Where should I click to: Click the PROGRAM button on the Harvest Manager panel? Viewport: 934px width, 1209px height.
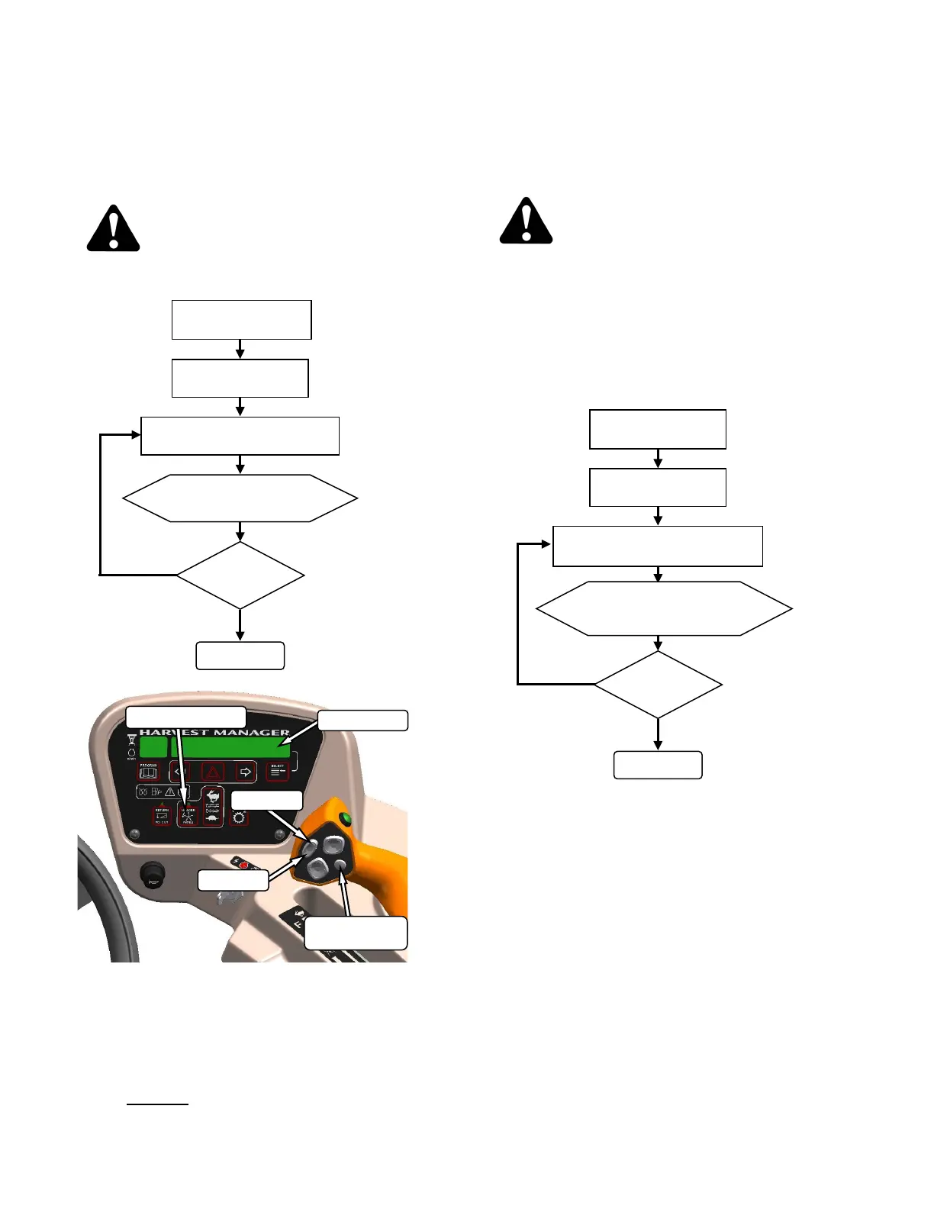(x=149, y=772)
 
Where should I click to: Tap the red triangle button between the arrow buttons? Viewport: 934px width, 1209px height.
(x=212, y=772)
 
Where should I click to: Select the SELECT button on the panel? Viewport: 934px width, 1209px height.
(x=277, y=771)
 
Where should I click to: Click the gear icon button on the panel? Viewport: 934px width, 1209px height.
(x=239, y=817)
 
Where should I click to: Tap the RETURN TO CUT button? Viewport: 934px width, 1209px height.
(x=162, y=816)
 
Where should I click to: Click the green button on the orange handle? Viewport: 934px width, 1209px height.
(x=345, y=819)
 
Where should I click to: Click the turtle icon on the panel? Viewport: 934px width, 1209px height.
(x=213, y=819)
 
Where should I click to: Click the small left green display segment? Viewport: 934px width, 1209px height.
(x=153, y=746)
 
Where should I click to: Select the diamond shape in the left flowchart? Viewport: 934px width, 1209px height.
(x=240, y=575)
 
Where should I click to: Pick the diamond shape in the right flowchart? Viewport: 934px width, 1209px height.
(x=658, y=684)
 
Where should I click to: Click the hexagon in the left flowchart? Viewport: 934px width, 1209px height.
(x=240, y=498)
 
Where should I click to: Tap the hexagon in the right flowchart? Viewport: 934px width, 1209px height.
(x=664, y=608)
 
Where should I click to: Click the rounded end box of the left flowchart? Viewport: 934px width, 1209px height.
(x=240, y=656)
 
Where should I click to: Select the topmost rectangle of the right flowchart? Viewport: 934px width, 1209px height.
(x=658, y=429)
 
